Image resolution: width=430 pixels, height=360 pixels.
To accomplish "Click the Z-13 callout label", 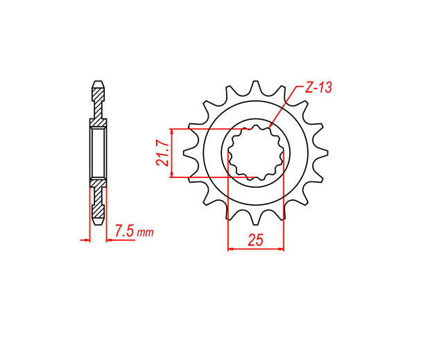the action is (318, 87).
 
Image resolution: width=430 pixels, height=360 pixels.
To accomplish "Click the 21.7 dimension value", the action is (162, 153).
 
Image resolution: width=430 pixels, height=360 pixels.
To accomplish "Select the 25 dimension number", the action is (256, 240).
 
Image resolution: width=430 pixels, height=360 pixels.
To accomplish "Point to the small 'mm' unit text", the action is (146, 233).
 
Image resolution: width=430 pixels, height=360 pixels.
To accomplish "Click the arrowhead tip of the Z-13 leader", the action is (270, 127).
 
